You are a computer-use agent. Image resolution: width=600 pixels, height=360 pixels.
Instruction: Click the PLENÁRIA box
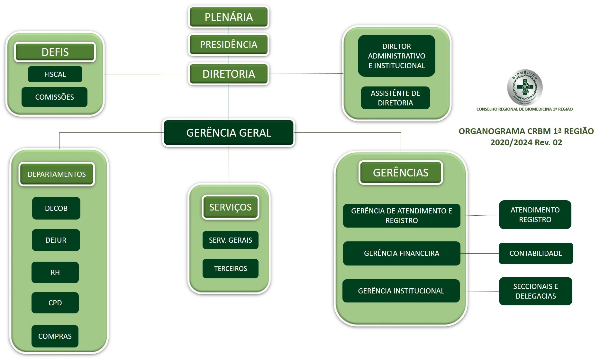(x=229, y=17)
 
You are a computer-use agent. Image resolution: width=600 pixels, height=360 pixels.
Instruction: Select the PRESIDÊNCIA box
(x=229, y=45)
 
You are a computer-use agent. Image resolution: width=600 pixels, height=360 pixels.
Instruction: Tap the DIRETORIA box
(x=229, y=74)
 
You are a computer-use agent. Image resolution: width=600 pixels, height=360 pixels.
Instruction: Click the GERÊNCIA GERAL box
(x=229, y=133)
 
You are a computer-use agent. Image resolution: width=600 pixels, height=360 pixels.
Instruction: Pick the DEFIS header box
(x=55, y=52)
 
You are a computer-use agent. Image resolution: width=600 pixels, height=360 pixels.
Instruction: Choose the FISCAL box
(x=55, y=74)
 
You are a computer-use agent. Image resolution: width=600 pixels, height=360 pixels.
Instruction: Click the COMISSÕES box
(x=54, y=97)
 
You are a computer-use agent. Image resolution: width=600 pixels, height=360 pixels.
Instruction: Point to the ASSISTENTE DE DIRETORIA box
(x=395, y=98)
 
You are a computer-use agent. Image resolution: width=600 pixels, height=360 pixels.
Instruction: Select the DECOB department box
(x=56, y=208)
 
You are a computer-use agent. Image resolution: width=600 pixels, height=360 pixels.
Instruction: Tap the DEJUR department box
(x=56, y=240)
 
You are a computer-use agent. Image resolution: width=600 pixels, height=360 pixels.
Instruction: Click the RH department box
(x=55, y=272)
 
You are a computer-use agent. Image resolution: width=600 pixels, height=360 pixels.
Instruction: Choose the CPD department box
(x=55, y=303)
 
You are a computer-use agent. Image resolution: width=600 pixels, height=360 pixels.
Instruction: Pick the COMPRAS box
(x=55, y=336)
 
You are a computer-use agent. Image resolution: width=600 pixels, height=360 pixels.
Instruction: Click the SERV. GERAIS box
(x=231, y=240)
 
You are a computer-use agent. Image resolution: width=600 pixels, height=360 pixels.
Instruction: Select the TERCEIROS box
(x=231, y=268)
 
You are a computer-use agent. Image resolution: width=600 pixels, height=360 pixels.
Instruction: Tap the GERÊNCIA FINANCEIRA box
(x=402, y=253)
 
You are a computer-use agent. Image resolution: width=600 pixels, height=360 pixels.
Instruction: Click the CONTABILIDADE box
(x=536, y=253)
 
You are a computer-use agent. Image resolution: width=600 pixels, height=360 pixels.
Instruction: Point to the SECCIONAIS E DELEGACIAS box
(x=536, y=291)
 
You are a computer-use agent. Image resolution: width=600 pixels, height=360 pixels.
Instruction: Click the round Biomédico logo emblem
(x=525, y=87)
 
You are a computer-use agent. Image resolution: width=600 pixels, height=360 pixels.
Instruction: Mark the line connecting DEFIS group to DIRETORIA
(x=146, y=74)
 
